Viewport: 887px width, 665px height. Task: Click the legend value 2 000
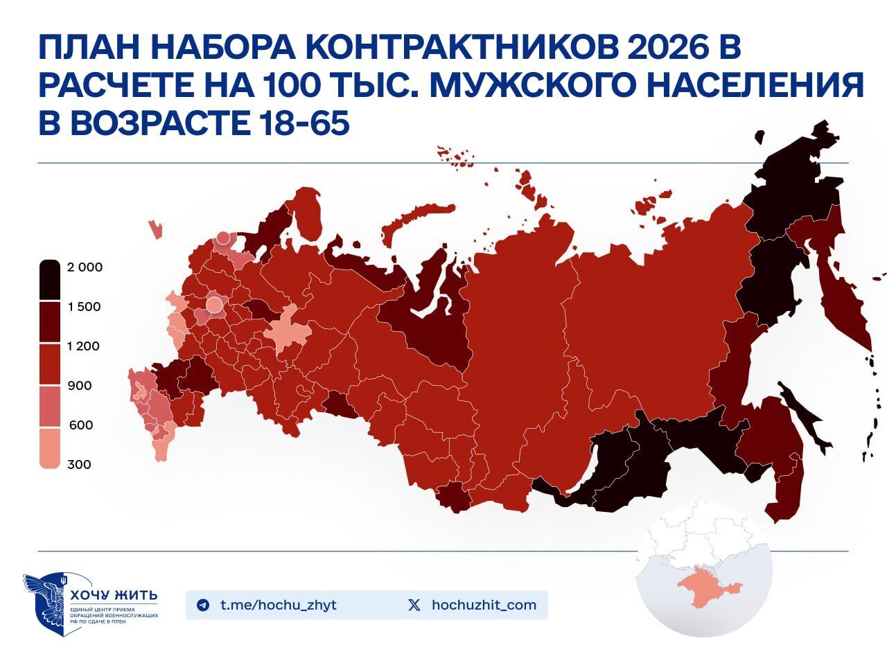click(x=85, y=267)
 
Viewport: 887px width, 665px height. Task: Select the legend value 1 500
click(x=84, y=307)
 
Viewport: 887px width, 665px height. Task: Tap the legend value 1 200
click(x=84, y=346)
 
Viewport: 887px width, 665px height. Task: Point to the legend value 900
click(x=80, y=386)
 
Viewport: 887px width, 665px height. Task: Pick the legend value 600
click(x=80, y=425)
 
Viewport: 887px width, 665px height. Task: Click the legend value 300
click(x=79, y=465)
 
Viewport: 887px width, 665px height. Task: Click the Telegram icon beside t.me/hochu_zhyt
click(x=202, y=605)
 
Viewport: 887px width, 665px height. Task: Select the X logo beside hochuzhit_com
click(x=414, y=605)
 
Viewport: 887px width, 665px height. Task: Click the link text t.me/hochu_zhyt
click(x=278, y=605)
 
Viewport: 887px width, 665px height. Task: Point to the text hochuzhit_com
click(x=484, y=605)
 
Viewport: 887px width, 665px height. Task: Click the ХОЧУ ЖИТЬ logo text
click(x=114, y=595)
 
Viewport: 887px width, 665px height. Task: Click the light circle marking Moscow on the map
click(x=214, y=304)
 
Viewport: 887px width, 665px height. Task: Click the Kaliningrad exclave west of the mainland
click(x=156, y=229)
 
